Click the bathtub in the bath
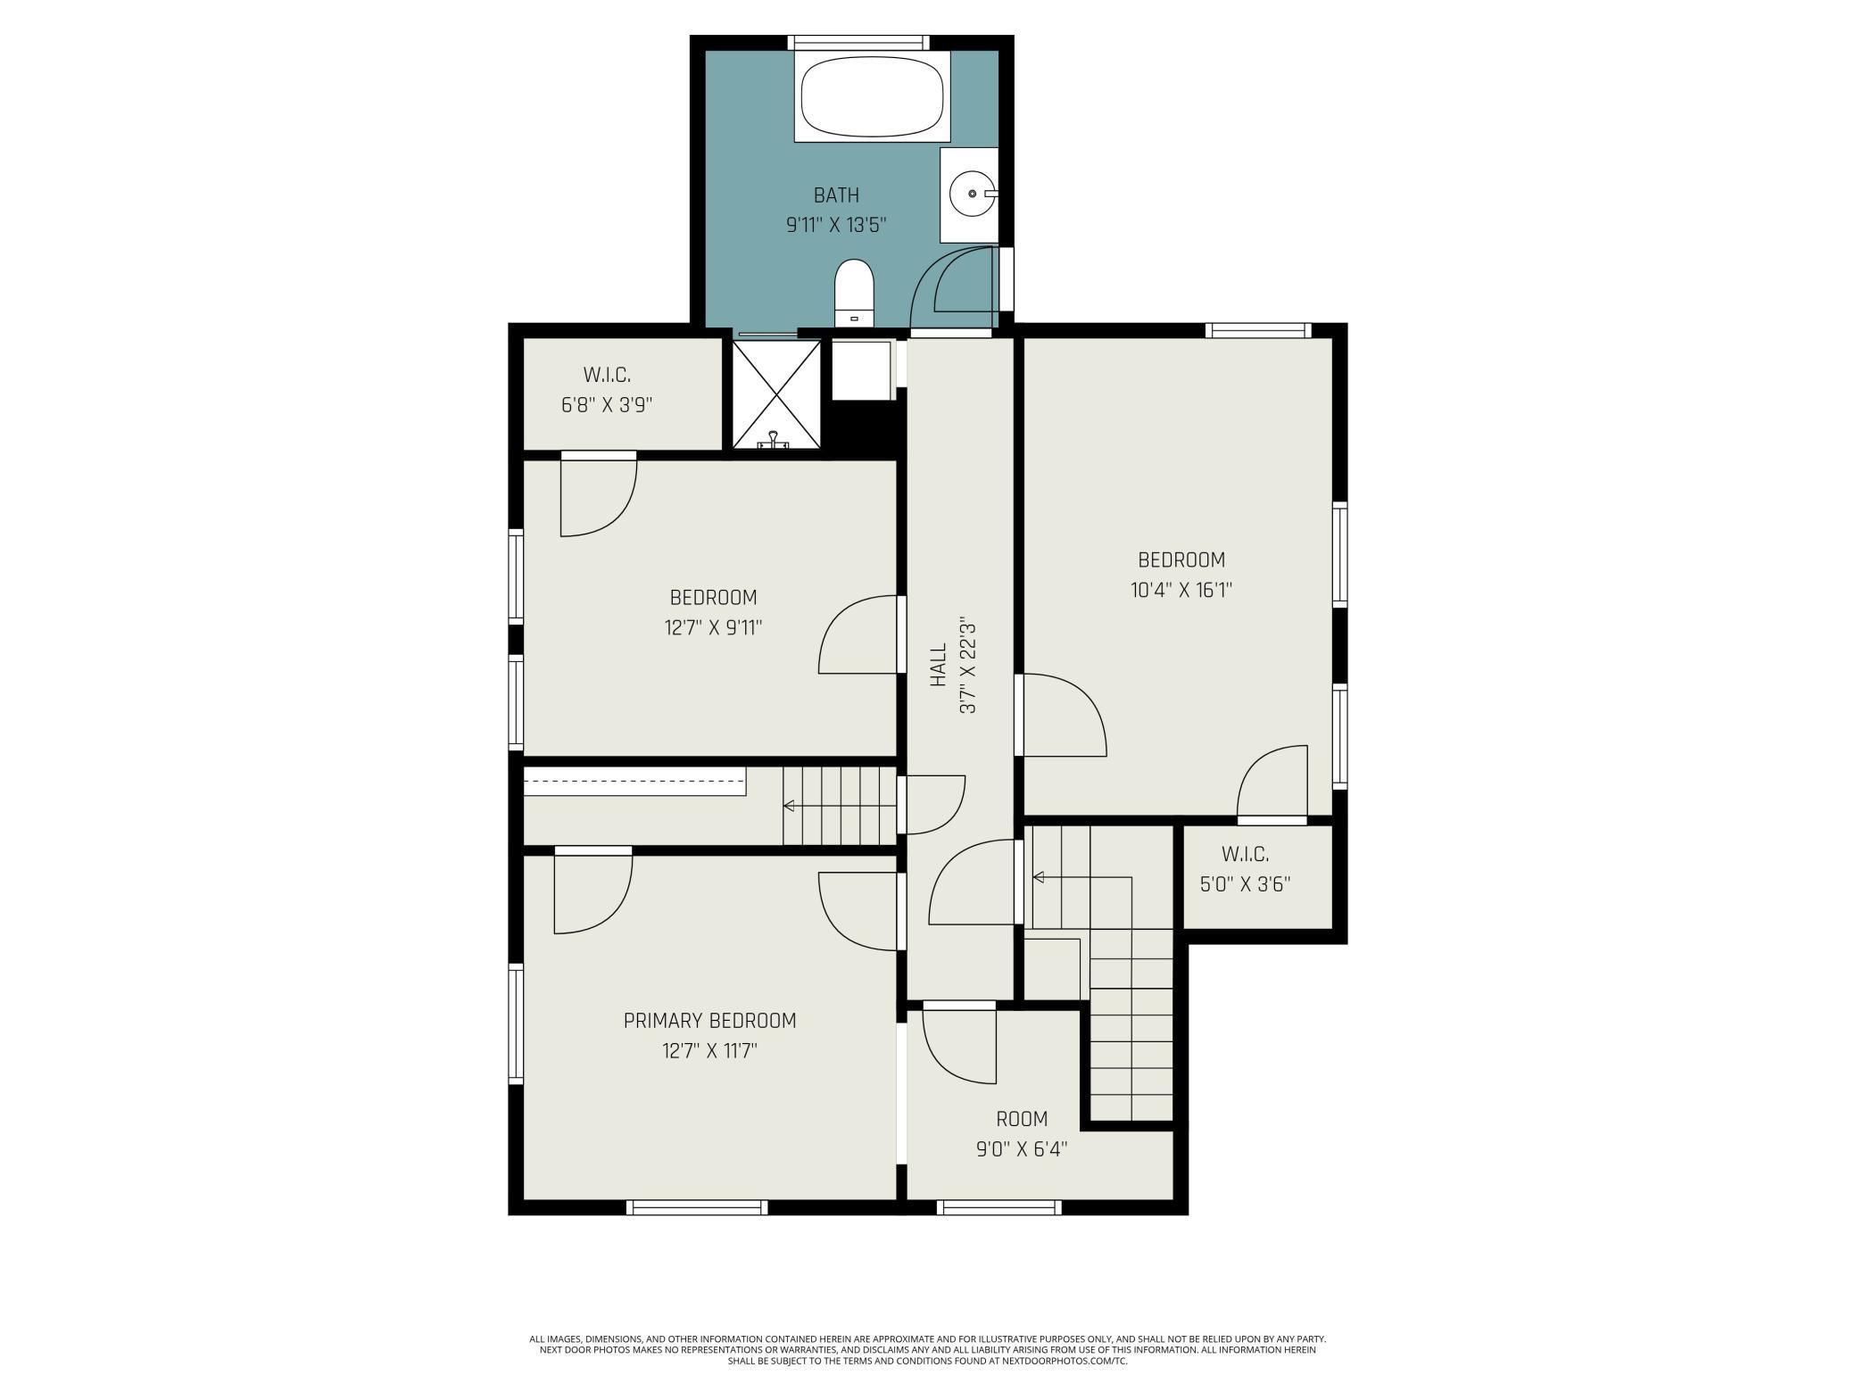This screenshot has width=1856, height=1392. click(872, 96)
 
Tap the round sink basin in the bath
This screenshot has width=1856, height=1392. click(972, 193)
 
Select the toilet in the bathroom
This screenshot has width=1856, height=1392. click(854, 294)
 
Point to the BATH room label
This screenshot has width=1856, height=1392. click(836, 195)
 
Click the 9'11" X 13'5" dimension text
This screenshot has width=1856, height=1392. click(836, 226)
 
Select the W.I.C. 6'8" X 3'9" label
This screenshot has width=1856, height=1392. click(607, 390)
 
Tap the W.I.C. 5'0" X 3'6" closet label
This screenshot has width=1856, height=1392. click(1245, 869)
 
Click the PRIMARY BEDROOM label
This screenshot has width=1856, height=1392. click(709, 1021)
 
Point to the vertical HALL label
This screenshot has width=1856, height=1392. click(938, 665)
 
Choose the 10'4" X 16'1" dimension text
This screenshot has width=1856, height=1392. click(1181, 590)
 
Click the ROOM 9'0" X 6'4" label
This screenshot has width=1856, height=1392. click(1022, 1133)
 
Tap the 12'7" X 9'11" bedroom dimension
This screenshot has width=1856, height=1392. click(713, 628)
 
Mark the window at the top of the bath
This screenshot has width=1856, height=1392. click(858, 42)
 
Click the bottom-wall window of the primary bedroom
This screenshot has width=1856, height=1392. click(697, 1207)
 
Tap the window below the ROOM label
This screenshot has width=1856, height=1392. click(999, 1207)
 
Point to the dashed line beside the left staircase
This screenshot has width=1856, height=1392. click(634, 781)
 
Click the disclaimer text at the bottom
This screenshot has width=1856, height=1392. click(928, 1350)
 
